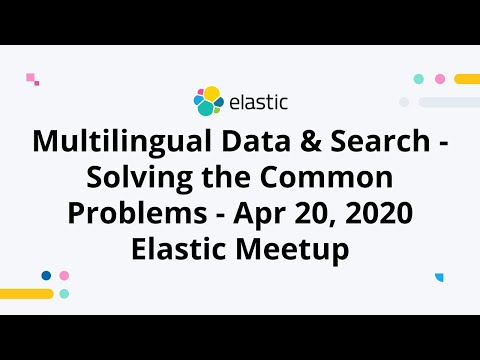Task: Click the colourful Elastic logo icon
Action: coord(208,100)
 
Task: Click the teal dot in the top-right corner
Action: coord(419,78)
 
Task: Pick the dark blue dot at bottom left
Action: coord(46,275)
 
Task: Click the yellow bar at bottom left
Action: coord(26,294)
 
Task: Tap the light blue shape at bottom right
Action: coord(439,277)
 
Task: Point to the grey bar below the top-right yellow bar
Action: coord(450,102)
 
